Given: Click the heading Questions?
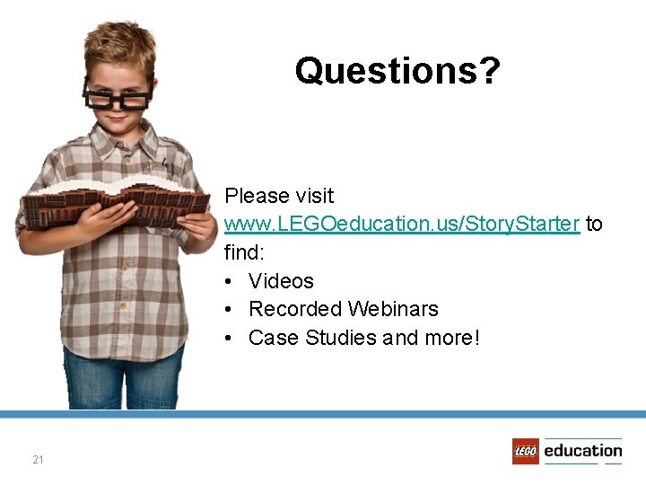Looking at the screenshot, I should [x=397, y=70].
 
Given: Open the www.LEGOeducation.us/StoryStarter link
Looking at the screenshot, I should [x=402, y=224].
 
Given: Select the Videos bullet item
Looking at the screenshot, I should [x=281, y=281].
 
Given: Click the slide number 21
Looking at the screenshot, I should [x=38, y=460].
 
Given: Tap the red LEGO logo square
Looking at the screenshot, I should [x=526, y=451].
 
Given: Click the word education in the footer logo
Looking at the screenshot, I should [x=582, y=450].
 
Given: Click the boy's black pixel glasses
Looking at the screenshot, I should [x=118, y=93].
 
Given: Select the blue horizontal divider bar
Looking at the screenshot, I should [x=323, y=414].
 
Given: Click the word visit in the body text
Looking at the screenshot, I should [x=313, y=196].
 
